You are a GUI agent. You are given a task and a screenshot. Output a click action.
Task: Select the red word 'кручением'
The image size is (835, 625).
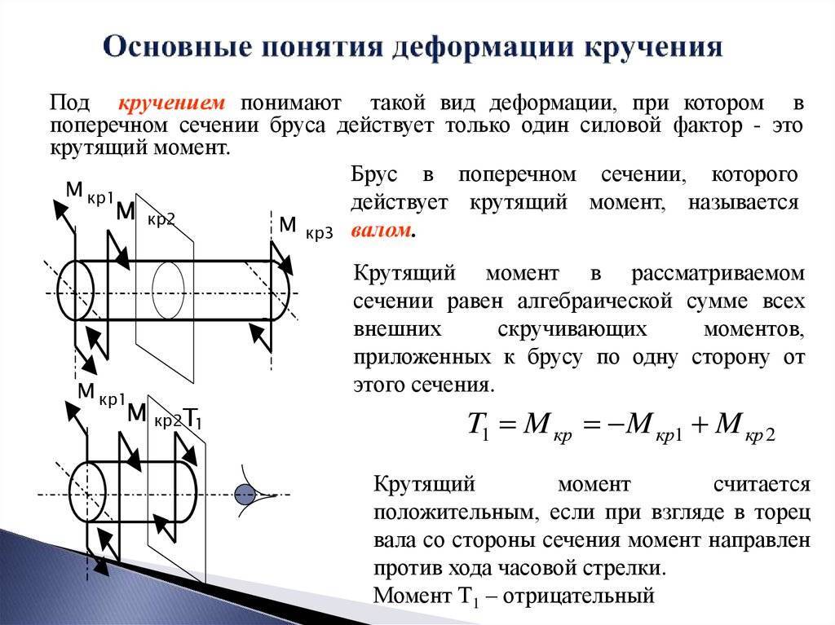tap(171, 102)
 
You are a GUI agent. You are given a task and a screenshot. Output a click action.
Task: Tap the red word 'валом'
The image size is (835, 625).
tap(382, 230)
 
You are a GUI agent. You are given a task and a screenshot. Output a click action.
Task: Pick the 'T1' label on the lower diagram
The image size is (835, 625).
tap(192, 419)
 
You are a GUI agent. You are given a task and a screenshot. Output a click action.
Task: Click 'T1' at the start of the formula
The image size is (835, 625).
tap(479, 425)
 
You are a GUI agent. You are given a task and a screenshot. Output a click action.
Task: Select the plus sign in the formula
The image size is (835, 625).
tap(699, 425)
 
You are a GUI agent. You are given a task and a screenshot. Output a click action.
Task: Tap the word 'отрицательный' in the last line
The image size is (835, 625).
tap(578, 595)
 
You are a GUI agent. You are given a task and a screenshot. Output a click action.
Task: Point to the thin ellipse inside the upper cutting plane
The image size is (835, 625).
tap(168, 290)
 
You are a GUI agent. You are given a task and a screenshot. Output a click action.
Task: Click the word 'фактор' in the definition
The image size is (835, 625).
tap(707, 126)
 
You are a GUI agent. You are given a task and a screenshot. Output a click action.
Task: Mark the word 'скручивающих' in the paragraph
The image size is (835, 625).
tap(572, 330)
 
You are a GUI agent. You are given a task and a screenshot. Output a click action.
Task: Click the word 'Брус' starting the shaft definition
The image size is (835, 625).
tap(373, 174)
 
